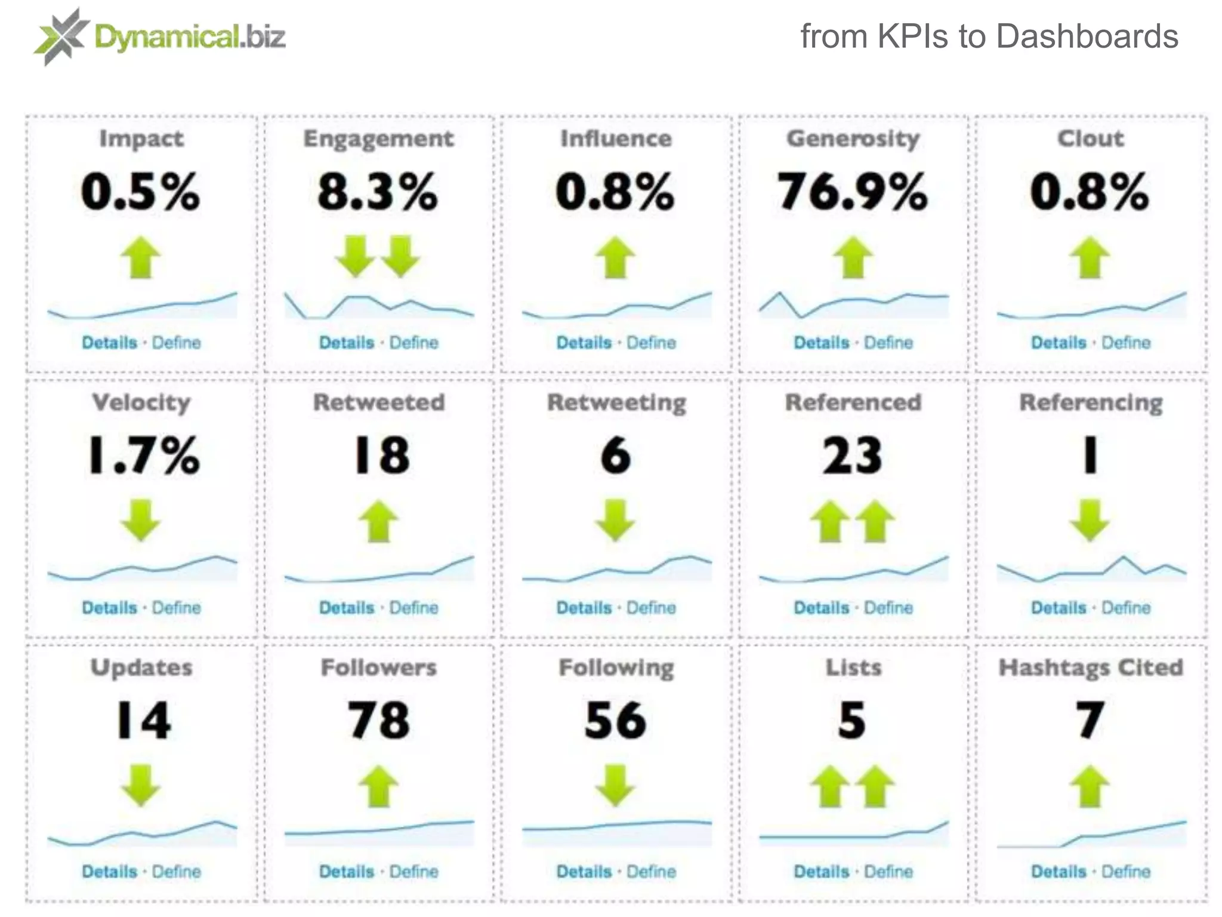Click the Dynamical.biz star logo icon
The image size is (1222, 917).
click(x=61, y=36)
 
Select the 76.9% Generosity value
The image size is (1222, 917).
click(x=852, y=192)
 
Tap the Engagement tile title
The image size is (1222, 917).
click(x=378, y=139)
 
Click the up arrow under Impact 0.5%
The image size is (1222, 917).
click(x=141, y=257)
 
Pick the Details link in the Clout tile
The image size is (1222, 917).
click(x=1059, y=343)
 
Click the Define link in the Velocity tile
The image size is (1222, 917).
click(x=177, y=608)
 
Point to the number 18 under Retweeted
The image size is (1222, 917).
click(x=381, y=456)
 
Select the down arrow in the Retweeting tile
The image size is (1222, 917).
click(x=615, y=521)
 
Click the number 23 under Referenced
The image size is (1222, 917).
click(x=852, y=456)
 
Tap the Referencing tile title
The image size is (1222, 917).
click(x=1091, y=403)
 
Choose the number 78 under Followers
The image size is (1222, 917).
click(x=378, y=721)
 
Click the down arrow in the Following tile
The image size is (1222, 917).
click(x=615, y=786)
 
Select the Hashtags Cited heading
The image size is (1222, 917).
click(x=1091, y=667)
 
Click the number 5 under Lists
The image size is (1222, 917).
click(x=852, y=721)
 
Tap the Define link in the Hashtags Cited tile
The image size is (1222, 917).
click(x=1126, y=872)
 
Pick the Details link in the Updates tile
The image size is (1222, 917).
click(x=109, y=872)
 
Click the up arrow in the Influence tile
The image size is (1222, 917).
click(x=615, y=257)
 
